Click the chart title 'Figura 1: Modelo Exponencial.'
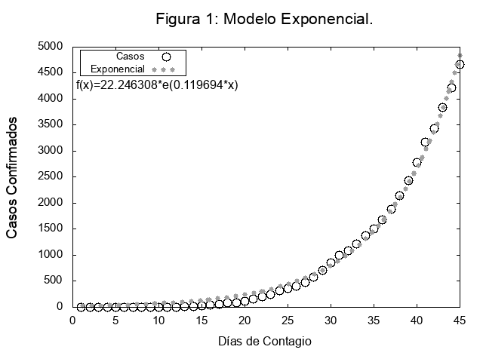tap(264, 19)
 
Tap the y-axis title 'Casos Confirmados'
tap(13, 178)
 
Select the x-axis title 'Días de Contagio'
tap(264, 341)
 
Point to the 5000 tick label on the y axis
tap(52, 47)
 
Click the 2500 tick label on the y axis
tap(52, 176)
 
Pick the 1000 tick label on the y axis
tap(52, 255)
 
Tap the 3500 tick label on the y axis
tap(52, 125)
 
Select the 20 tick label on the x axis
tap(245, 320)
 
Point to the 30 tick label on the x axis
tap(331, 320)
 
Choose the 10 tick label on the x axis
tap(158, 320)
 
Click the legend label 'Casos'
tap(131, 57)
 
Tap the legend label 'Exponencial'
tap(118, 69)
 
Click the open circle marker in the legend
tap(167, 57)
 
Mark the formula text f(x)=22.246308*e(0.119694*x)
tap(157, 85)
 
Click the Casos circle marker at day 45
tap(460, 65)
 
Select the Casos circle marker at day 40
tap(417, 162)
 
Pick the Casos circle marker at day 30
tap(331, 263)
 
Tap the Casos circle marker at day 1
tap(82, 307)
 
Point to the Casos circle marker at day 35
tap(374, 229)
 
